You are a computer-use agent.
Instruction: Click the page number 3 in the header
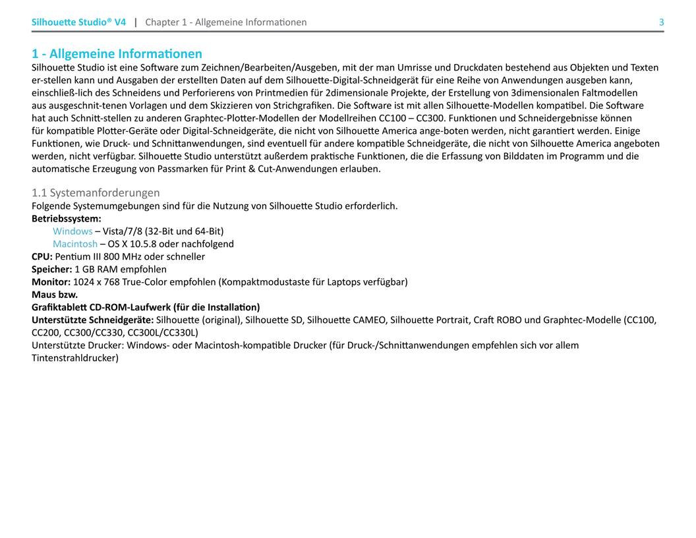pyautogui.click(x=661, y=22)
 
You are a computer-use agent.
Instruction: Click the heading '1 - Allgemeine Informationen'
pyautogui.click(x=117, y=53)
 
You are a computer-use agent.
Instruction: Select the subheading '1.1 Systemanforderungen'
pyautogui.click(x=96, y=193)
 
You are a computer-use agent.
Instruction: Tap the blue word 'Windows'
pyautogui.click(x=72, y=231)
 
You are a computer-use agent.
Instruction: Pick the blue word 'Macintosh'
pyautogui.click(x=75, y=244)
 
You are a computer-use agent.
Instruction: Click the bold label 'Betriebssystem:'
pyautogui.click(x=67, y=218)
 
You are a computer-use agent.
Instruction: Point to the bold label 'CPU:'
pyautogui.click(x=42, y=256)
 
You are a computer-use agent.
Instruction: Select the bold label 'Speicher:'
pyautogui.click(x=51, y=269)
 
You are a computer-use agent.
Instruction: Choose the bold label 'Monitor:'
pyautogui.click(x=51, y=282)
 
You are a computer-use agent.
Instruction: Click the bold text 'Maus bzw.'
pyautogui.click(x=55, y=295)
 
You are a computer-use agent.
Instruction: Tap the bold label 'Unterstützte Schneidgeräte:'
pyautogui.click(x=92, y=320)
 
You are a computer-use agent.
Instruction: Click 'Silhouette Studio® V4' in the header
pyautogui.click(x=78, y=22)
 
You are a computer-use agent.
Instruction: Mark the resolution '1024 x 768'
pyautogui.click(x=96, y=282)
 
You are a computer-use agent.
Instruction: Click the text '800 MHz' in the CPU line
pyautogui.click(x=118, y=256)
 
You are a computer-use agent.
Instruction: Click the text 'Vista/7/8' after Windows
pyautogui.click(x=123, y=231)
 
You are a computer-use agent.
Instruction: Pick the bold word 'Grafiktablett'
pyautogui.click(x=59, y=307)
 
